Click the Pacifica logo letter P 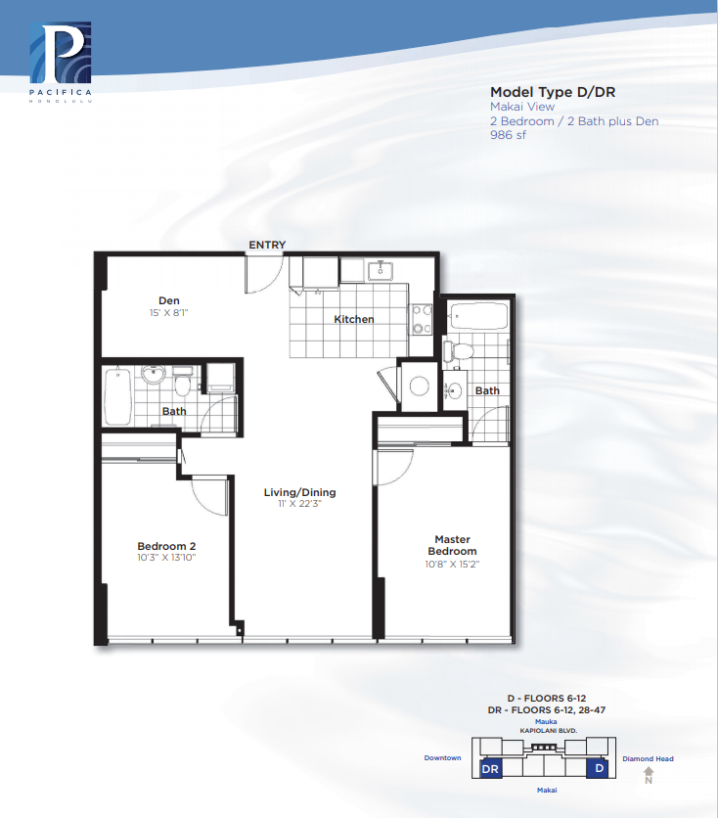(61, 52)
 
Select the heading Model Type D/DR (553, 92)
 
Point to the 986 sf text (508, 135)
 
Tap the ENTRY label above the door (267, 245)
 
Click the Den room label (169, 300)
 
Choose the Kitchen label (354, 319)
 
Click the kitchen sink (381, 270)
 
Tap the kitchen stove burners (422, 319)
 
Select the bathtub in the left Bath (117, 396)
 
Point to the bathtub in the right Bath (479, 316)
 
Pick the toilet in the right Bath (459, 351)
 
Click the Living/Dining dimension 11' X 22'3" (299, 504)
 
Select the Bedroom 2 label (166, 546)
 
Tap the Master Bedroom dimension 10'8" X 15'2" (452, 564)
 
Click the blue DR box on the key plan (490, 768)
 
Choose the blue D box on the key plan (600, 768)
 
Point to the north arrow (649, 775)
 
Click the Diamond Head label (648, 758)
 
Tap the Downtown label (442, 757)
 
